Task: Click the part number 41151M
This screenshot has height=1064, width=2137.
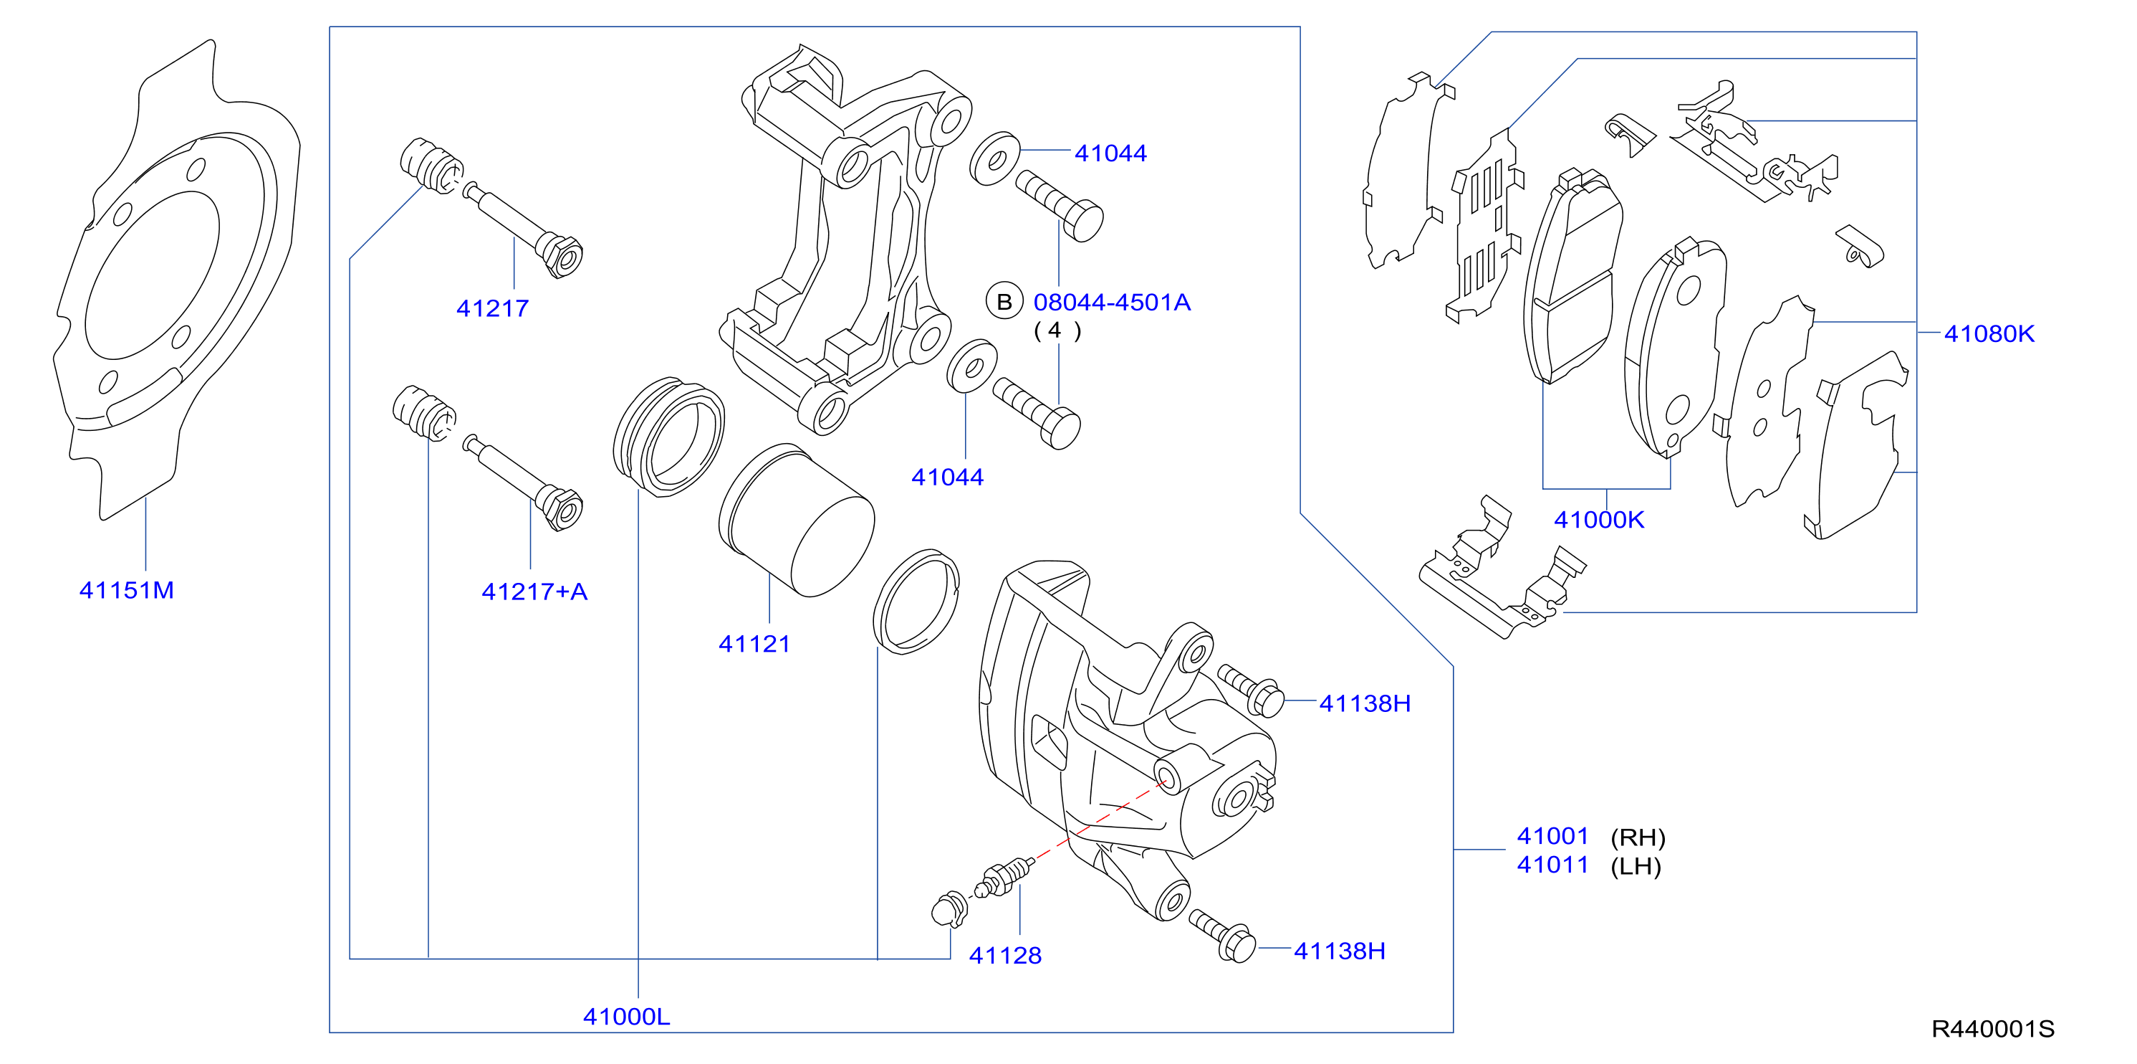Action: coord(126,590)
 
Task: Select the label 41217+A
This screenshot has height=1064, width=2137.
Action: coord(534,592)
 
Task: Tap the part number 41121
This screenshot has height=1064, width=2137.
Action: coord(754,644)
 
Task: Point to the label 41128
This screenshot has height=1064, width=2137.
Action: coord(1004,955)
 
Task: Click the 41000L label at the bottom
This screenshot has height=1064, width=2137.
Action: coord(626,1017)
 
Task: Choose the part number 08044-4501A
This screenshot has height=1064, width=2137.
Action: coord(1112,302)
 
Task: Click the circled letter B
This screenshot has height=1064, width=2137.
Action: coord(1004,302)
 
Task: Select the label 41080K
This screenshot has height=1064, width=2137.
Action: coord(1989,333)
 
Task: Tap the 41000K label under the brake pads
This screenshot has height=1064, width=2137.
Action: coord(1598,520)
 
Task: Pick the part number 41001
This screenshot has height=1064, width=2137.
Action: coord(1553,836)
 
